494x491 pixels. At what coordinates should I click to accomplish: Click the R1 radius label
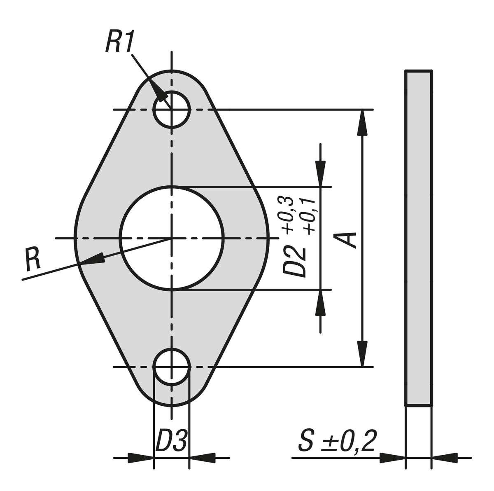[120, 41]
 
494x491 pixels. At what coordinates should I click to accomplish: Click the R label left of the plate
[33, 259]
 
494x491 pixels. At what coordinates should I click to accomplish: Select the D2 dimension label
[294, 261]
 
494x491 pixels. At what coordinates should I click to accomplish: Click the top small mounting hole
[172, 109]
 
